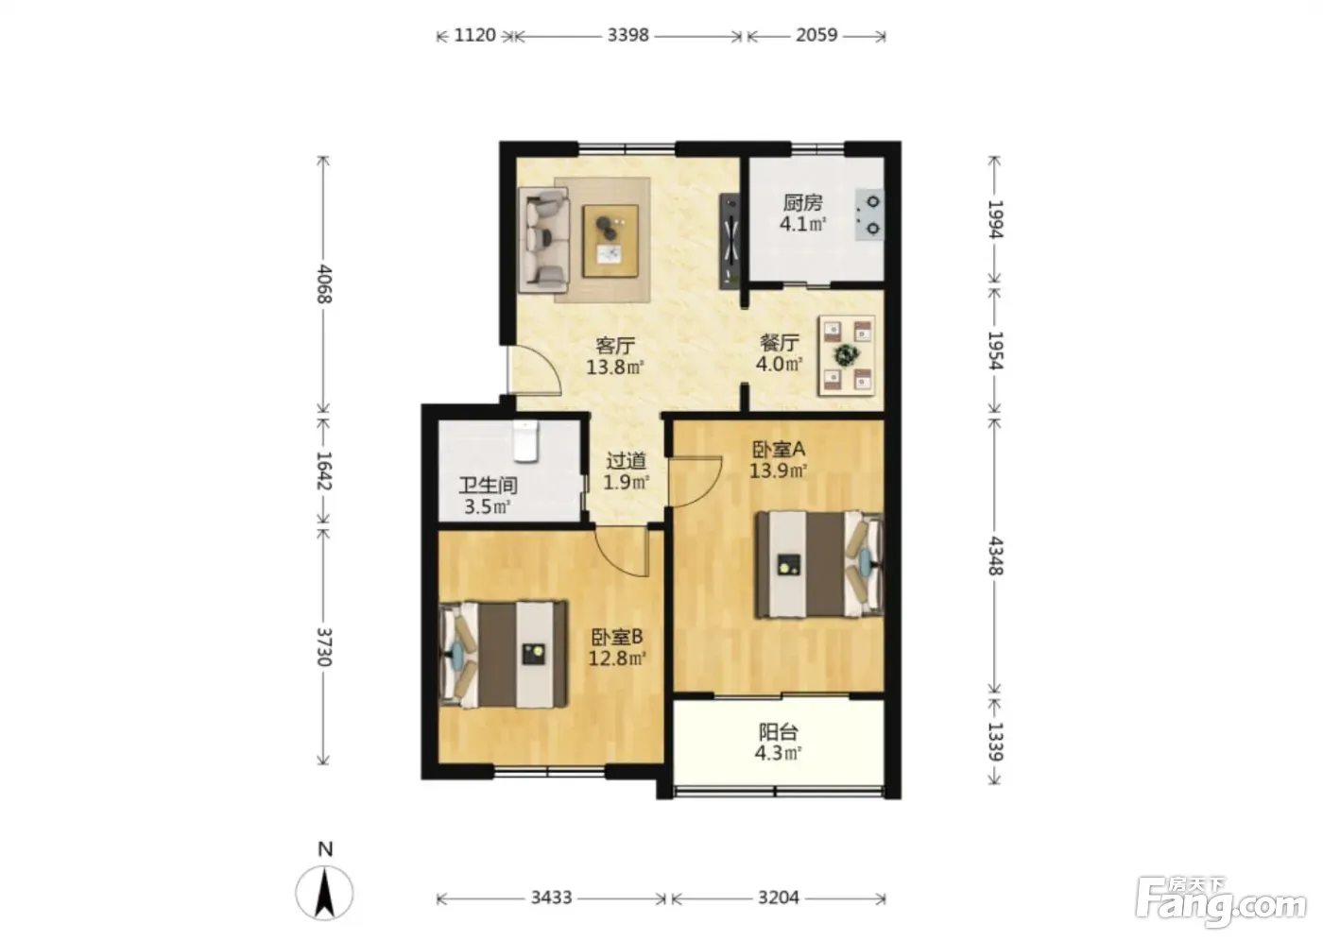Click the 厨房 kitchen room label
[x=802, y=203]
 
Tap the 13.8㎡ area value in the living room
[x=614, y=368]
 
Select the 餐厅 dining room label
[x=780, y=342]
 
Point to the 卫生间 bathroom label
[x=488, y=486]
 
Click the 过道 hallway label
[x=626, y=461]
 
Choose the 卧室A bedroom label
[x=779, y=450]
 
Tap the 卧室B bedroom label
[x=616, y=637]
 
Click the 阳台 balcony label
[x=779, y=732]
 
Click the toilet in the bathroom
[x=525, y=440]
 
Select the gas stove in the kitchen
[x=868, y=214]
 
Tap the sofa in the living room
[x=544, y=240]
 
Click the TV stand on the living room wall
[x=730, y=242]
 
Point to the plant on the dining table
[x=847, y=355]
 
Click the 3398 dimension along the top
[x=627, y=35]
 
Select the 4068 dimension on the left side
[x=324, y=284]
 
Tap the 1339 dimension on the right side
[x=995, y=742]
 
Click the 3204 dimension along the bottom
[x=779, y=898]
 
